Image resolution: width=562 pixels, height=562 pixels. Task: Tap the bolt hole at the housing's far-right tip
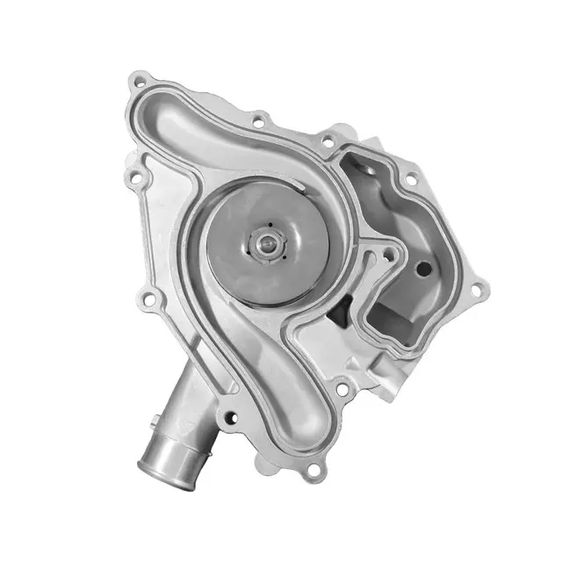(x=477, y=288)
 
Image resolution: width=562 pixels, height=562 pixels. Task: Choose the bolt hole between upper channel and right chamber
(x=259, y=117)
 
